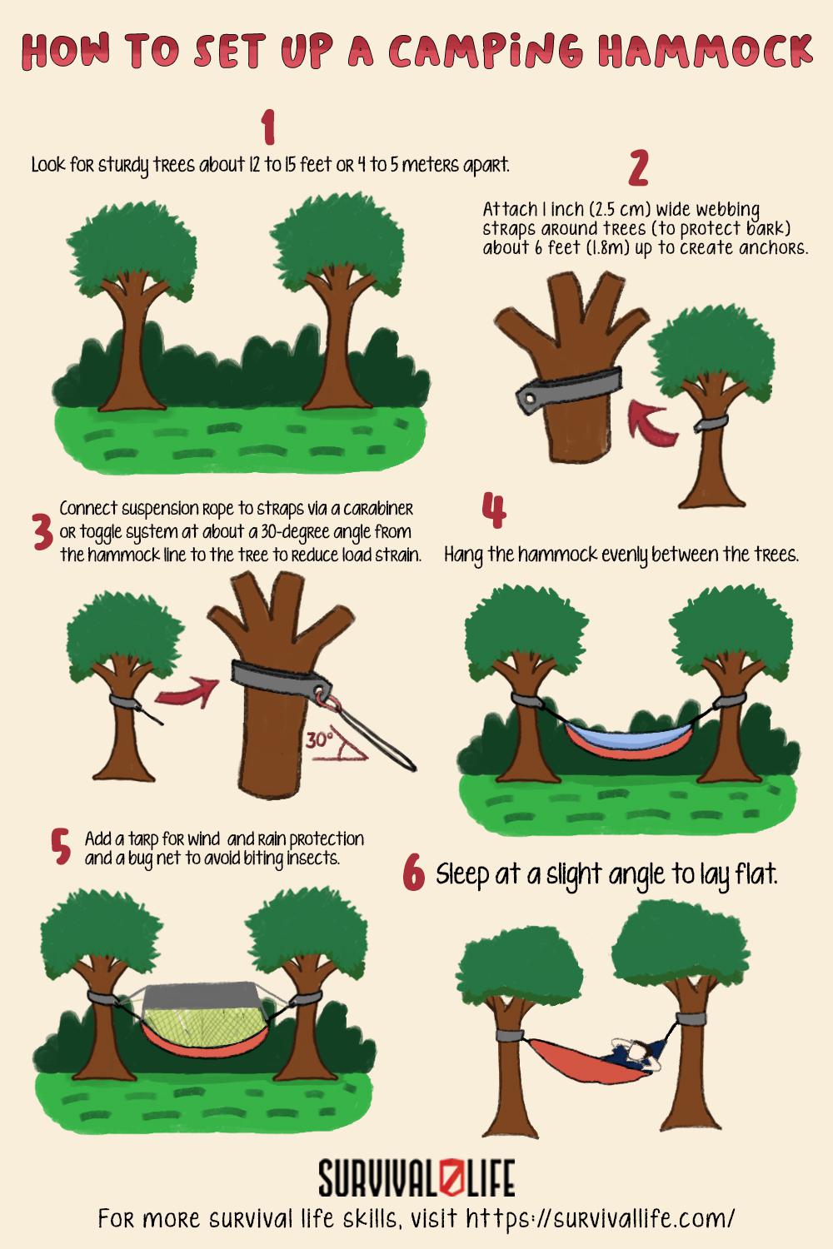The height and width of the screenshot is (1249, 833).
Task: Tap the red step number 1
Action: point(267,128)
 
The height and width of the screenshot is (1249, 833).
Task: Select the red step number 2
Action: point(638,168)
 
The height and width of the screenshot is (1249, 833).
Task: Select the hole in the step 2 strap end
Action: point(526,400)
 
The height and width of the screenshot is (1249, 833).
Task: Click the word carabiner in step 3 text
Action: point(373,509)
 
